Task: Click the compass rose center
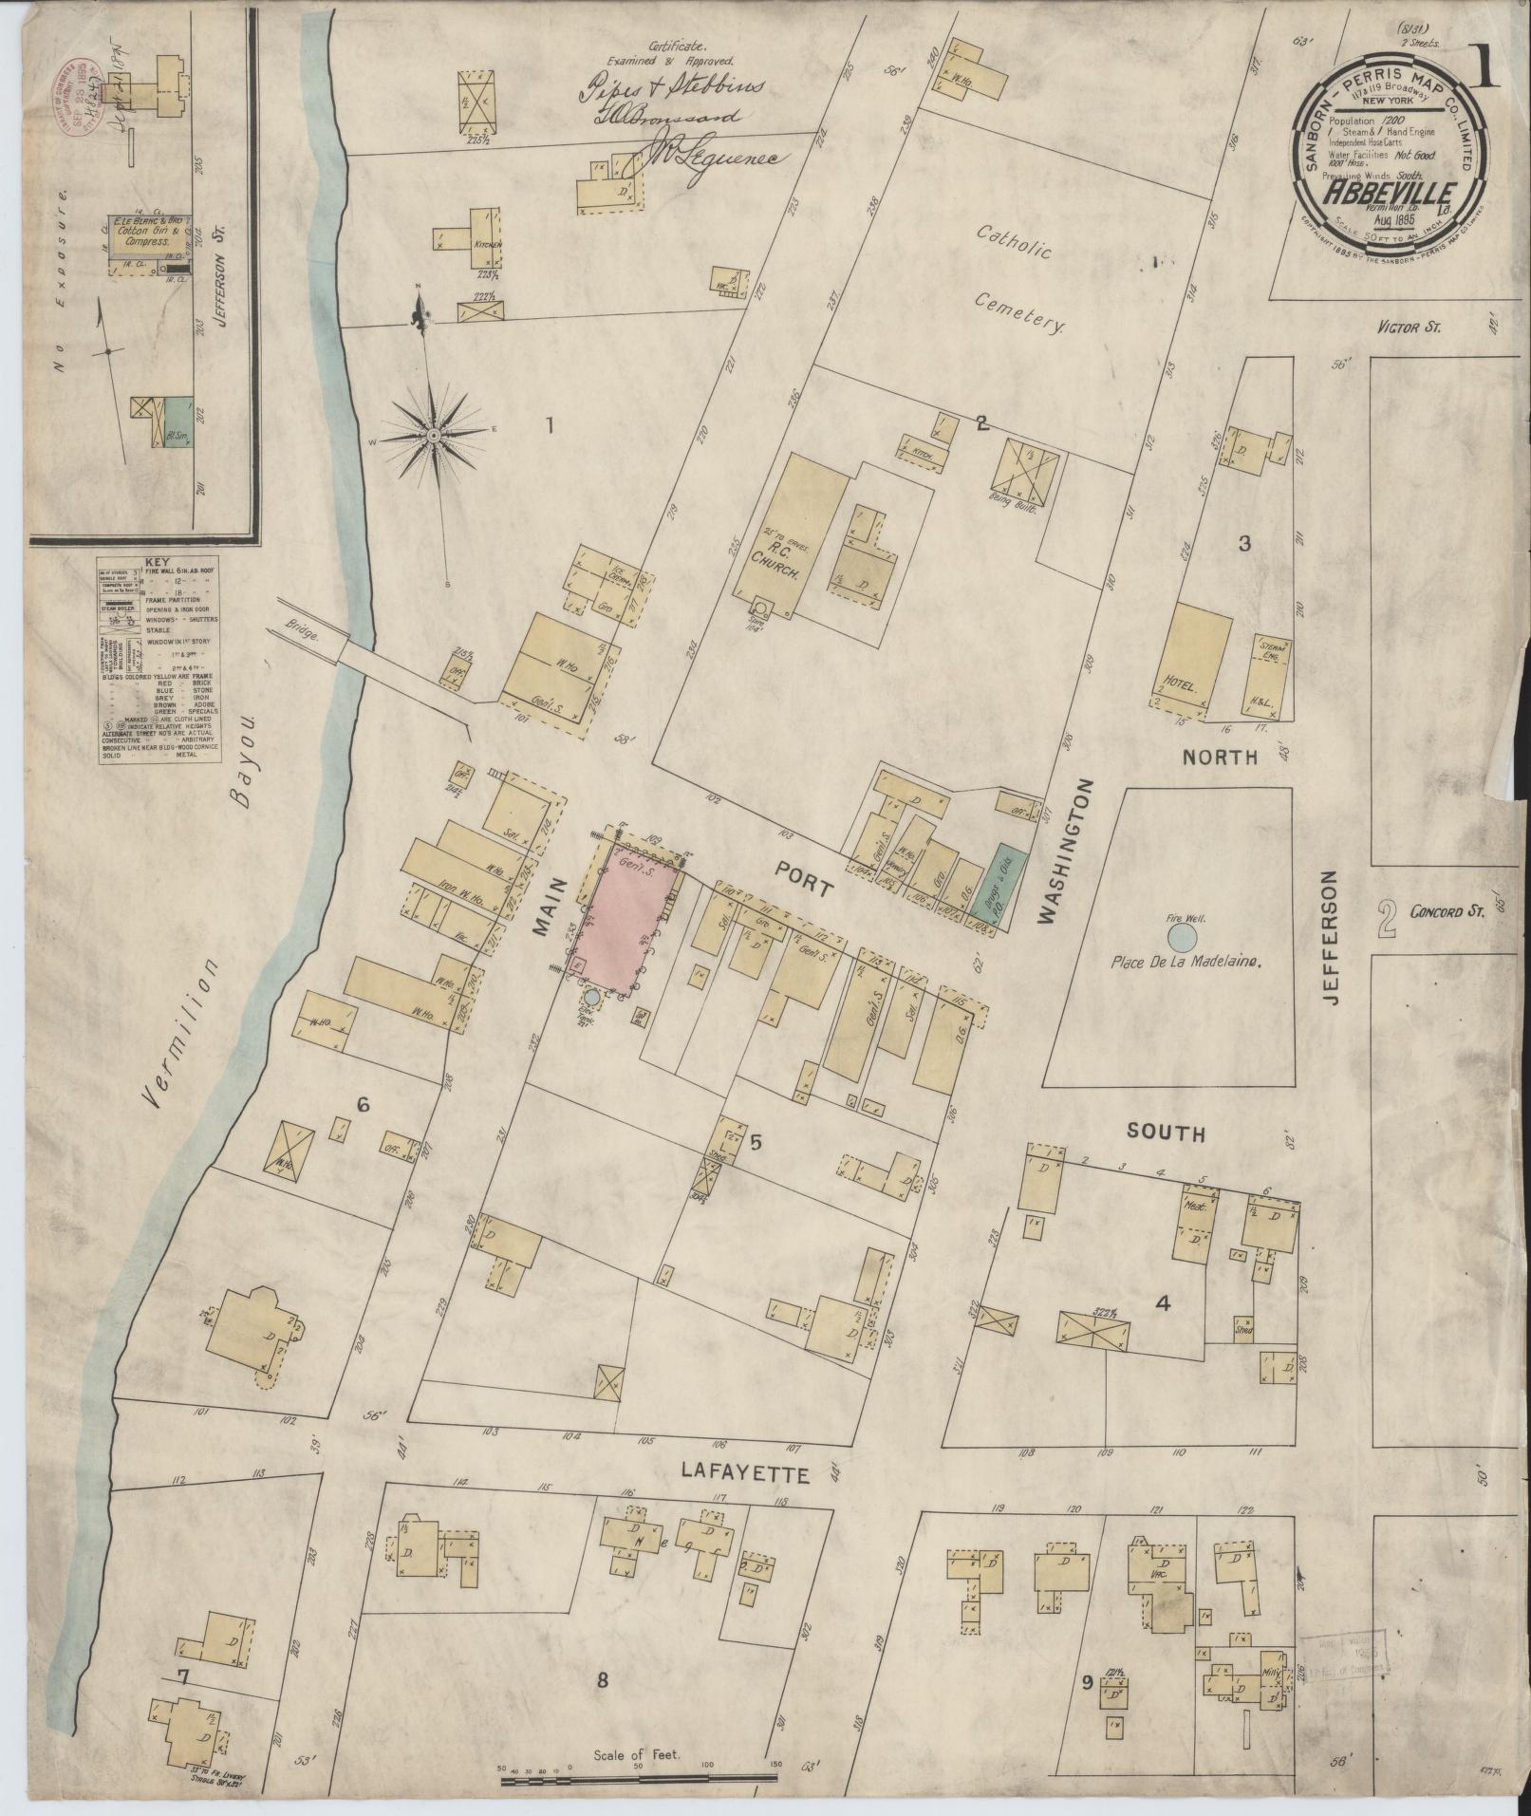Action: (433, 435)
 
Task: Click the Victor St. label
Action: (1409, 328)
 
